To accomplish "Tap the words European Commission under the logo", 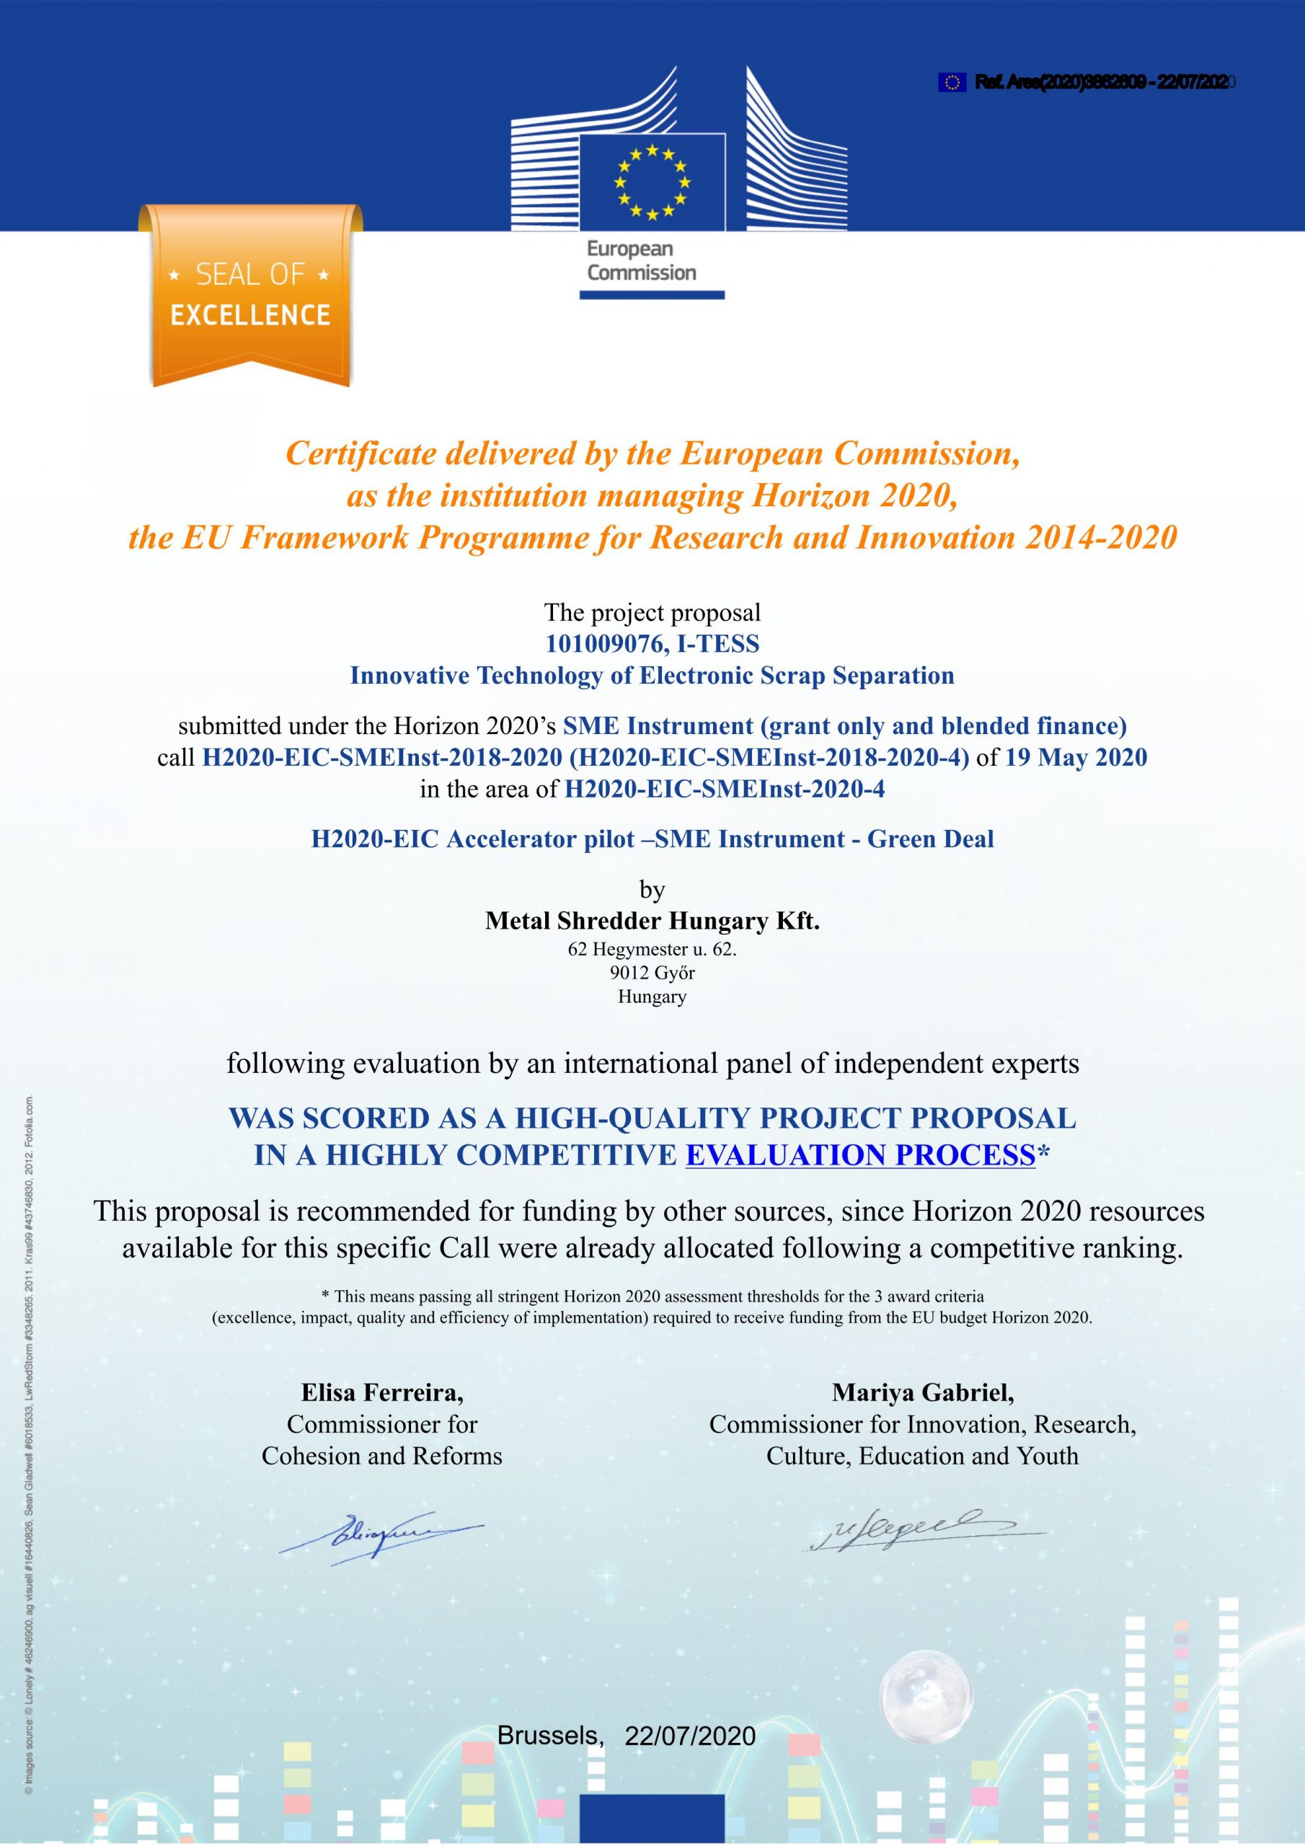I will click(x=641, y=260).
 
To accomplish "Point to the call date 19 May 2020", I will click(x=1076, y=757).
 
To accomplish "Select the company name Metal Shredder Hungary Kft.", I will click(x=652, y=922).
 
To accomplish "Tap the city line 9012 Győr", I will click(x=652, y=973).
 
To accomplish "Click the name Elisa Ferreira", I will click(x=382, y=1392).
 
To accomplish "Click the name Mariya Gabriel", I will click(x=922, y=1392).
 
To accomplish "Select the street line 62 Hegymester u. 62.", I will click(x=652, y=949).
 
